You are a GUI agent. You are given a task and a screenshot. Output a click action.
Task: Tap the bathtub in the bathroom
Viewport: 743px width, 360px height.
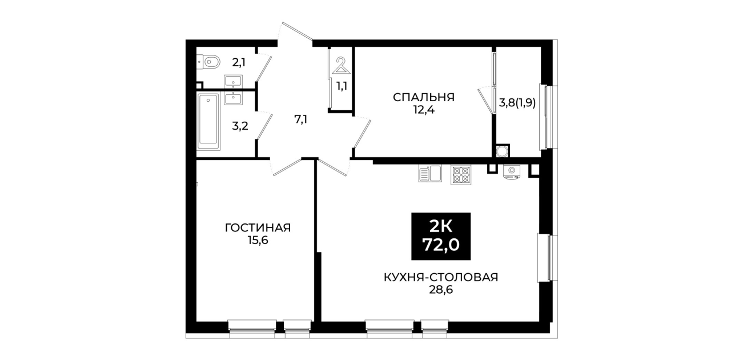208,121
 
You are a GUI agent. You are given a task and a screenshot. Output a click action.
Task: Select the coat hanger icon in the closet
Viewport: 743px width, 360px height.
342,65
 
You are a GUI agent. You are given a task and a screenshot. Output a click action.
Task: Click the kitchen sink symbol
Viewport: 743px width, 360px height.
430,174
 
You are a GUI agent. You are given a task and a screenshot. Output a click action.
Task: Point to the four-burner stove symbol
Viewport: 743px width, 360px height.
461,175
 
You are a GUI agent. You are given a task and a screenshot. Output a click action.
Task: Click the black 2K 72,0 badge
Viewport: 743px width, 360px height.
441,236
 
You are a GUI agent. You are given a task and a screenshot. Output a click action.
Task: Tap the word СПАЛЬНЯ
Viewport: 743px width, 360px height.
424,98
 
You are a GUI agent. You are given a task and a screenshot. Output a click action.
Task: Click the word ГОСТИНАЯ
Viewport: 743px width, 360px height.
258,228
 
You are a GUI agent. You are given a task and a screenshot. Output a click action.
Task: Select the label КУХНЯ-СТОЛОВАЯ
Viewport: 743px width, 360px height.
441,277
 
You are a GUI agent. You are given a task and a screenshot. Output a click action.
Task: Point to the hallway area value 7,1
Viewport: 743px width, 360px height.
301,119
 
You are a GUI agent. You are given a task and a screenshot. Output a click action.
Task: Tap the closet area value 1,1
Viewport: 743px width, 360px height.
342,86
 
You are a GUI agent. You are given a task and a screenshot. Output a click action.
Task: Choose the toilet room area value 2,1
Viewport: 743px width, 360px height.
239,62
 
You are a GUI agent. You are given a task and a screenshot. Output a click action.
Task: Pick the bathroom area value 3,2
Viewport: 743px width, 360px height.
240,126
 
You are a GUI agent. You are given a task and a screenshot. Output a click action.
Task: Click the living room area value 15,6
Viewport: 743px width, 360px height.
258,240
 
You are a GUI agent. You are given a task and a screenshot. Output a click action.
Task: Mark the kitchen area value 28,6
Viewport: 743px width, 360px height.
441,290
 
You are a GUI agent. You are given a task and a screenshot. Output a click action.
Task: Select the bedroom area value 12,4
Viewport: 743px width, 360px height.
424,110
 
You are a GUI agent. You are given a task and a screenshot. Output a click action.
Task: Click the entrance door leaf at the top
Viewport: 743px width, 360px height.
297,31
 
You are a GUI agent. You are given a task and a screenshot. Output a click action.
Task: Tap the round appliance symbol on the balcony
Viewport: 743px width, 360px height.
501,151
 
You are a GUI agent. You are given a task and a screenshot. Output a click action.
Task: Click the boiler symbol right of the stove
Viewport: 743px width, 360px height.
512,172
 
